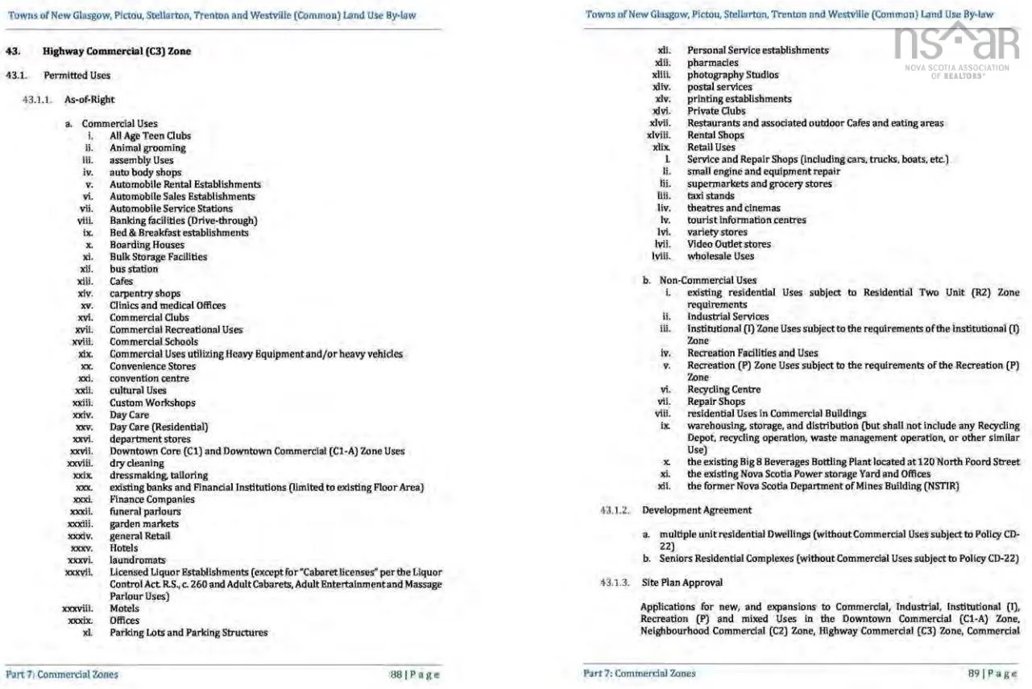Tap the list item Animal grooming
tap(147, 148)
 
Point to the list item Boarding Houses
tap(147, 245)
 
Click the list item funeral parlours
tap(145, 511)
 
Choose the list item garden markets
tap(144, 523)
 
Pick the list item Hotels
tap(124, 547)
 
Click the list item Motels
tap(124, 609)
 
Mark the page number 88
tap(396, 674)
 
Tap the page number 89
tap(974, 674)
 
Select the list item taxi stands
tap(711, 196)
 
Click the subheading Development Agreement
tap(696, 510)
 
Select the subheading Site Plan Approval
tap(682, 582)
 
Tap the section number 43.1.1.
tap(40, 100)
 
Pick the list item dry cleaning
tap(136, 463)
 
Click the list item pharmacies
tap(712, 63)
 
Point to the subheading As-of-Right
tap(89, 100)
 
